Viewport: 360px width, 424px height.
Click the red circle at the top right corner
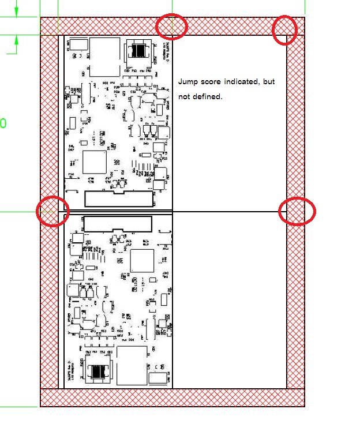284,29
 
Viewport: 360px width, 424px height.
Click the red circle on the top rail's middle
171,27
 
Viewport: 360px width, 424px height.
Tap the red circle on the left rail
53,211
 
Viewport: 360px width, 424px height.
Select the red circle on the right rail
297,211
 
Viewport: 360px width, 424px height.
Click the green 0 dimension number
3,123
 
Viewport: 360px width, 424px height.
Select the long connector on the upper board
119,198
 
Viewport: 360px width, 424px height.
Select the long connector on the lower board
118,223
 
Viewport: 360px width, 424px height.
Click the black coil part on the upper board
138,51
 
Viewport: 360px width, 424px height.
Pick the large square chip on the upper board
94,162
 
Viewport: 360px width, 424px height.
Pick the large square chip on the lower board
142,261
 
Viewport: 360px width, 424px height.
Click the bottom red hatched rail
172,397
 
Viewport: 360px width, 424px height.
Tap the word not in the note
184,97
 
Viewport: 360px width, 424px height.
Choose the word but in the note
269,82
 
